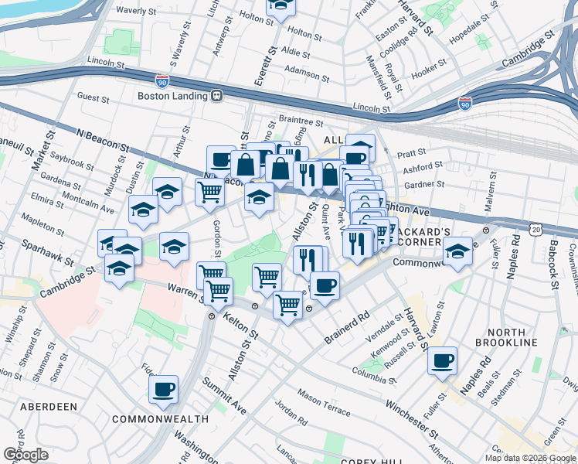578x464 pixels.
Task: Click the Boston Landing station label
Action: point(173,96)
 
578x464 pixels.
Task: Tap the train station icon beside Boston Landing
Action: point(218,96)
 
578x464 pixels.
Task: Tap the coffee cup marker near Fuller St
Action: point(443,360)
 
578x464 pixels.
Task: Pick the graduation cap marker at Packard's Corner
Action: point(457,251)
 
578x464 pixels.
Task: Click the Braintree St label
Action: point(301,121)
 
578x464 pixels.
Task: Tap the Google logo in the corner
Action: point(25,454)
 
